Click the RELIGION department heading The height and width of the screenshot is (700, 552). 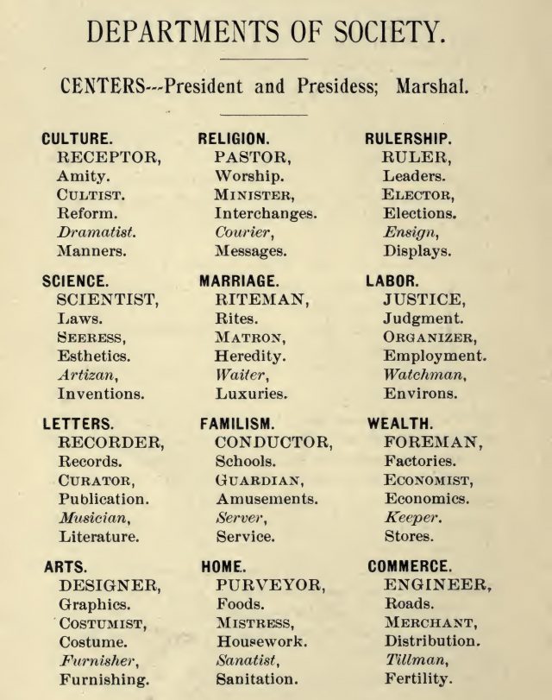234,139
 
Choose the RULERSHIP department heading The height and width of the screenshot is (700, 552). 411,139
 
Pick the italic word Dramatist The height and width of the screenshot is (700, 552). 97,233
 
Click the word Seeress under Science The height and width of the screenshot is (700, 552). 91,337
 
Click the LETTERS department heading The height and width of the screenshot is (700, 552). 76,425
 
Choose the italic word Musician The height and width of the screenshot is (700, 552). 94,518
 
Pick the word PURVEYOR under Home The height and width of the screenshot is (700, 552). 271,585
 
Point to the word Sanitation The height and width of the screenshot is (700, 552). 258,678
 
